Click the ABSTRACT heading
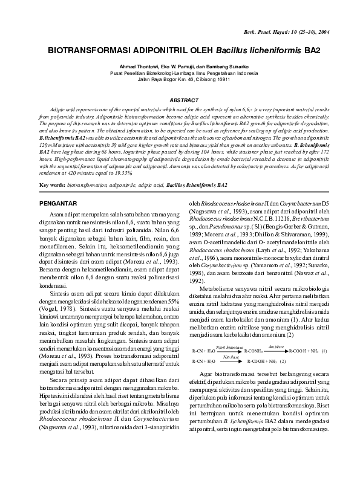(x=184, y=99)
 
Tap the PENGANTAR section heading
(x=58, y=204)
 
